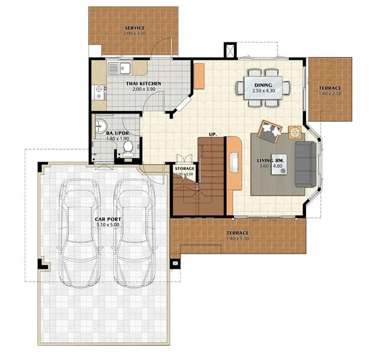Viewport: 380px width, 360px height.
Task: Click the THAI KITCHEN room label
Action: point(144,84)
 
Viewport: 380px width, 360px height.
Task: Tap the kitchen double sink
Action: point(119,68)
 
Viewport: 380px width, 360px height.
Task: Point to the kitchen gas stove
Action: point(100,92)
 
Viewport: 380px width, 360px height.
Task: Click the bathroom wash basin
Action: point(101,126)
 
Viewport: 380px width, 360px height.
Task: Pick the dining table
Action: point(263,88)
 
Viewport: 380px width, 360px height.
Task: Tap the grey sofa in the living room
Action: point(306,164)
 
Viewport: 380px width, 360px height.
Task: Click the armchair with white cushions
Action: point(270,131)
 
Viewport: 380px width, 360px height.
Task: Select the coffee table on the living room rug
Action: point(279,164)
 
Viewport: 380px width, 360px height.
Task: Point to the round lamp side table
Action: point(295,132)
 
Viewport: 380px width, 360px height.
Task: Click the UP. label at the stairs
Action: point(213,134)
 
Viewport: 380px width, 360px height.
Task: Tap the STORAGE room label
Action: point(185,168)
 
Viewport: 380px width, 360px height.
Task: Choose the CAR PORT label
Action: point(108,219)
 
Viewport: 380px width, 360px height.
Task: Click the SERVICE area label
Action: point(135,28)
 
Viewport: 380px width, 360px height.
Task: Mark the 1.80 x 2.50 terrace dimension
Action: point(330,94)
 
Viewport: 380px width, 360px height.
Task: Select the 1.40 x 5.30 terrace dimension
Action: point(237,239)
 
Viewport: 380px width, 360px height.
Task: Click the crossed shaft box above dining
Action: point(230,50)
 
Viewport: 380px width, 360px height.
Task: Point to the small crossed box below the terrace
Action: point(175,263)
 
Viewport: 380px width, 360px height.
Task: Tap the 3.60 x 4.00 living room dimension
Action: point(271,166)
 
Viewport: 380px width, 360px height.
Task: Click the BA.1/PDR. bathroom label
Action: point(118,133)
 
